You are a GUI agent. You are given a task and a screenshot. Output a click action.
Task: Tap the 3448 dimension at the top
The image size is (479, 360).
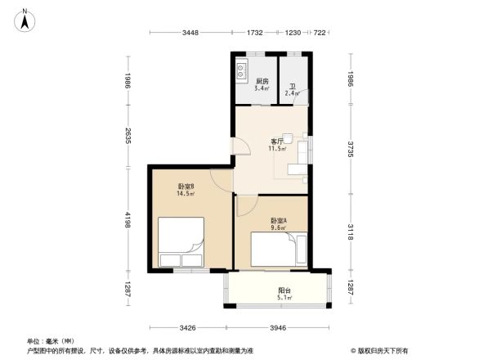coord(190,33)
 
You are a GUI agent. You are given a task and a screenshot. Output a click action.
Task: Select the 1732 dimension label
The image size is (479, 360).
coord(255,33)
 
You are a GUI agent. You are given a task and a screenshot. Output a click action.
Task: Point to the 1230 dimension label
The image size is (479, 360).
coord(293,33)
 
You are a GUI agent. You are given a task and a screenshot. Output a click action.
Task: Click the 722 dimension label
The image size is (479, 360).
coord(320,33)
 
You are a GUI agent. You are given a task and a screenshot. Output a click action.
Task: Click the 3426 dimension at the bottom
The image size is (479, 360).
coord(188,328)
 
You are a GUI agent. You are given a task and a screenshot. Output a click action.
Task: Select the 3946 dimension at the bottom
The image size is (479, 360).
coord(280,328)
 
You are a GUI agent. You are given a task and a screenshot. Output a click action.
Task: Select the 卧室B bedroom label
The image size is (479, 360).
coord(186,190)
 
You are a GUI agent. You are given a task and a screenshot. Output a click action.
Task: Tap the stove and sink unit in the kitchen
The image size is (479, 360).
coord(242,73)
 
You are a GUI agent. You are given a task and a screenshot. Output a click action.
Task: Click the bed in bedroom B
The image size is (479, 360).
coord(180,243)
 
